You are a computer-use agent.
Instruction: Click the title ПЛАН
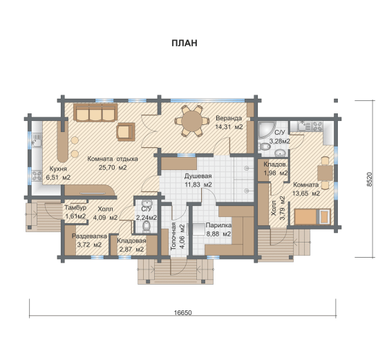click(185, 43)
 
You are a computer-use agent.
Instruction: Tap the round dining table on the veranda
click(192, 121)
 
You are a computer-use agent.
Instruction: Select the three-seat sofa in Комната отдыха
click(95, 113)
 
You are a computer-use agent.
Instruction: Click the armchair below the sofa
click(126, 132)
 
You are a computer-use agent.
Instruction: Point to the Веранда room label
click(229, 118)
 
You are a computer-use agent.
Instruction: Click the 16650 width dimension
click(182, 312)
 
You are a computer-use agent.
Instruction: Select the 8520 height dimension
click(370, 179)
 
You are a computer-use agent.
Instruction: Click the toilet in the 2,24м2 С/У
click(147, 226)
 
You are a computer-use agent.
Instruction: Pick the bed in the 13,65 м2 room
click(312, 217)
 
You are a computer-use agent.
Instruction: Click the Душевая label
click(198, 176)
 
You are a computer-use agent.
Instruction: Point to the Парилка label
click(218, 225)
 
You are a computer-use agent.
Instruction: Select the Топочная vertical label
click(173, 236)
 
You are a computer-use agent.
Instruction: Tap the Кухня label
click(58, 169)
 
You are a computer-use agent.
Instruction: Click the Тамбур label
click(75, 208)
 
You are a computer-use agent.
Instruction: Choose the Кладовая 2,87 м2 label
click(131, 245)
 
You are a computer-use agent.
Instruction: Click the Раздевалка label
click(89, 236)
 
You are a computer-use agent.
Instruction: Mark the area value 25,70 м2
click(113, 167)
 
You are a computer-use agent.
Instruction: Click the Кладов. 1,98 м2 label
click(276, 169)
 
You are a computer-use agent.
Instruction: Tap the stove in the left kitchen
click(37, 176)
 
